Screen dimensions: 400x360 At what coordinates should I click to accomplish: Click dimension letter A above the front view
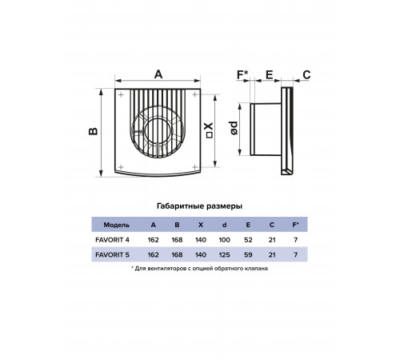pyautogui.click(x=158, y=74)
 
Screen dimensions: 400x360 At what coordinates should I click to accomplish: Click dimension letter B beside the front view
pyautogui.click(x=93, y=131)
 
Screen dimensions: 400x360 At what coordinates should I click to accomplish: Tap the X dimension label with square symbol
pyautogui.click(x=209, y=130)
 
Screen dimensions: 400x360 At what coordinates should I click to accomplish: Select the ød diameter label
pyautogui.click(x=234, y=128)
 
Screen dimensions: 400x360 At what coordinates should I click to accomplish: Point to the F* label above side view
pyautogui.click(x=242, y=74)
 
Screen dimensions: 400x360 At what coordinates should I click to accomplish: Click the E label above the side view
pyautogui.click(x=270, y=75)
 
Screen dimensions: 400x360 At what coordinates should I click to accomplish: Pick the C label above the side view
pyautogui.click(x=306, y=75)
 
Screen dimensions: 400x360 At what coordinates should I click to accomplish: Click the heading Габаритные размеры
pyautogui.click(x=199, y=206)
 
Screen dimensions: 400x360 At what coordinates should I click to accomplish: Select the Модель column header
pyautogui.click(x=116, y=225)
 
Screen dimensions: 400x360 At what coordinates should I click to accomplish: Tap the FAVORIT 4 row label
pyautogui.click(x=112, y=240)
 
